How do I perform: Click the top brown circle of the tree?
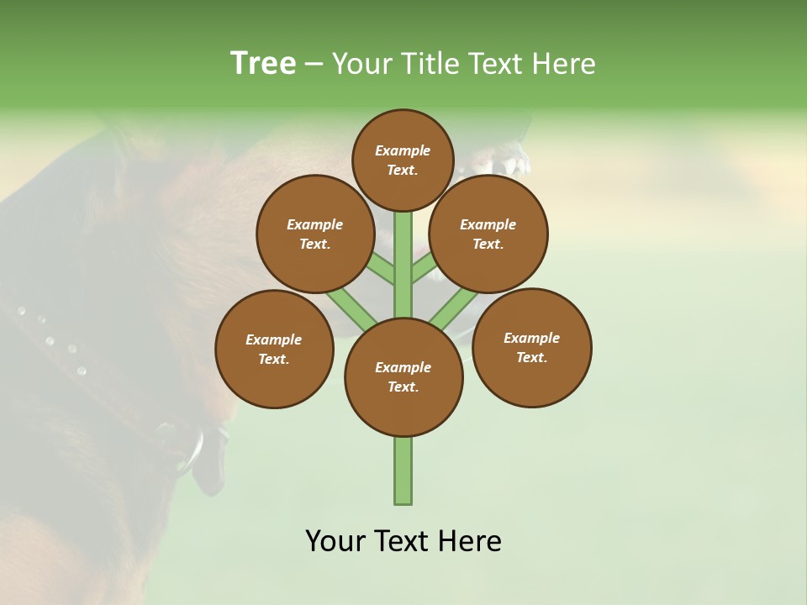pos(403,160)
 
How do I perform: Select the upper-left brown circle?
pos(314,234)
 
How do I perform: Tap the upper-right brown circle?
pos(488,234)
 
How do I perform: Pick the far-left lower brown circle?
pos(273,349)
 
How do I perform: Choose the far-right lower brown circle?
pos(531,347)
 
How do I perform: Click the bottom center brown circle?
pos(403,376)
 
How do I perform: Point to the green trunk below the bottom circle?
pos(403,471)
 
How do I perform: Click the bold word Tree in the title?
pos(263,63)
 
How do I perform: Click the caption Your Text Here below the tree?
pos(403,540)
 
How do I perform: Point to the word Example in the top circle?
pos(403,150)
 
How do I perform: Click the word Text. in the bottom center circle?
pos(403,387)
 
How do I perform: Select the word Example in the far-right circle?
pos(531,338)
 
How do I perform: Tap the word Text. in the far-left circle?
pos(273,359)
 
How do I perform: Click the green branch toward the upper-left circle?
pos(379,269)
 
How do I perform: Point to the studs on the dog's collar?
pos(50,340)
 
